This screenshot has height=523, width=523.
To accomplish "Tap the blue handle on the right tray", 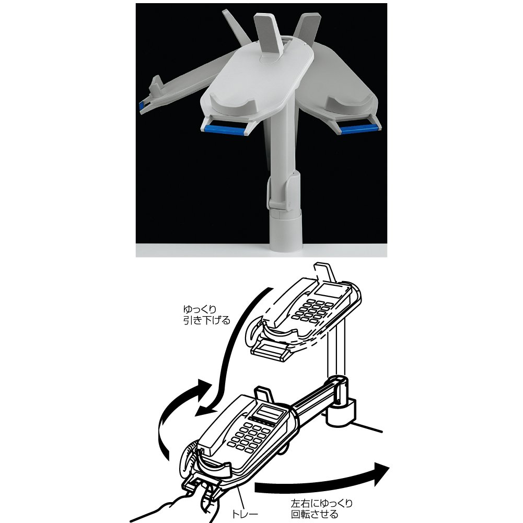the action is (x=359, y=128).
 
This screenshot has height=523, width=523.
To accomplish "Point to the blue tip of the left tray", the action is (x=142, y=106).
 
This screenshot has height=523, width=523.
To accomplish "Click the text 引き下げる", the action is (x=207, y=320).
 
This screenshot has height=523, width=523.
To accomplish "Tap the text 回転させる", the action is (x=314, y=514).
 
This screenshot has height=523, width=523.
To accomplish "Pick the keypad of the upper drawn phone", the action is (x=311, y=311).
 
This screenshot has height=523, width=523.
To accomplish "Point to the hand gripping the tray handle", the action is (x=173, y=505).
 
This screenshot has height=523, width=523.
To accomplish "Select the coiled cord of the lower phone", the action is (x=189, y=460).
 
